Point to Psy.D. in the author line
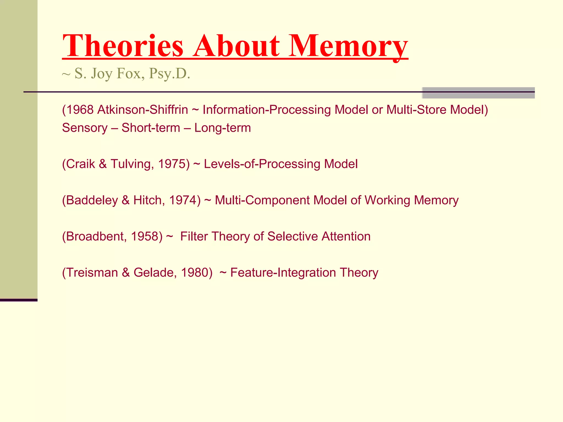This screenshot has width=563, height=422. [169, 74]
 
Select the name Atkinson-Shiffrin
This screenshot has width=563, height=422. [143, 110]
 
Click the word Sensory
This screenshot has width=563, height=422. [85, 128]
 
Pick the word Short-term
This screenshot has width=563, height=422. [151, 128]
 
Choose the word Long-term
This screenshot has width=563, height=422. [223, 128]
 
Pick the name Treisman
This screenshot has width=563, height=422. [92, 273]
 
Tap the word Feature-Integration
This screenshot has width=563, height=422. [283, 273]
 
